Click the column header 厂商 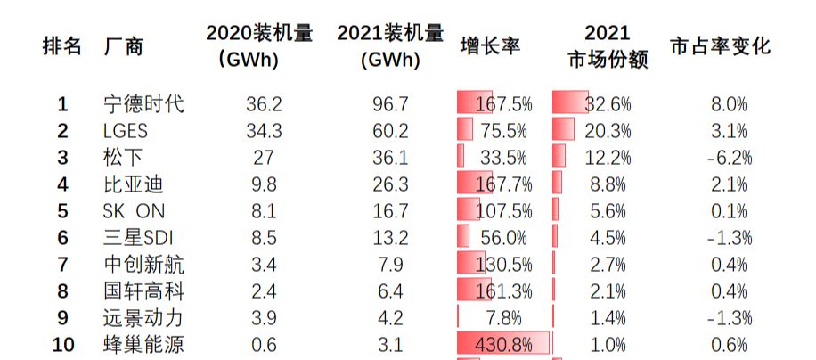(x=124, y=46)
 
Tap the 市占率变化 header (x=719, y=46)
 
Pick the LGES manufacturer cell (x=126, y=131)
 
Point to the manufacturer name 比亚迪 (x=134, y=184)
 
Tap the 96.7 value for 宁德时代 (x=390, y=104)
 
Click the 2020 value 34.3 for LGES (x=264, y=131)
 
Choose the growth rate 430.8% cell (x=504, y=345)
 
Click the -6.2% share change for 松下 (x=728, y=158)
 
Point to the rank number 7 (x=62, y=265)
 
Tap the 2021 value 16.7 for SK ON (x=390, y=211)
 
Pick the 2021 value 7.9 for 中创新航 (x=390, y=265)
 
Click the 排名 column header (x=62, y=46)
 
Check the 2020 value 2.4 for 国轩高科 (x=264, y=291)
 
